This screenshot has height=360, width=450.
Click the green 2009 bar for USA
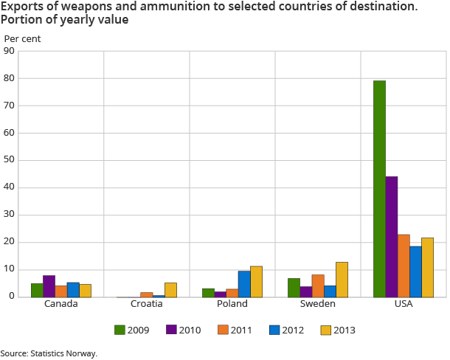tap(379, 189)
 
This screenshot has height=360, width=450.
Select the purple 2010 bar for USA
tap(391, 237)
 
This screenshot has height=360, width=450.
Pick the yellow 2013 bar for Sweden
tap(342, 280)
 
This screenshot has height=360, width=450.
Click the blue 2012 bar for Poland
tap(244, 284)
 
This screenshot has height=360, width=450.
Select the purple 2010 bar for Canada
tap(49, 286)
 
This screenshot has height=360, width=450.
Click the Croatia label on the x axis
tap(146, 304)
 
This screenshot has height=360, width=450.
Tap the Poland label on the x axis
tap(232, 304)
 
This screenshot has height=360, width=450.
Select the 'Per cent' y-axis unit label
tap(23, 38)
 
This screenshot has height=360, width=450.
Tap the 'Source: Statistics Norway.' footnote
tap(49, 353)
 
